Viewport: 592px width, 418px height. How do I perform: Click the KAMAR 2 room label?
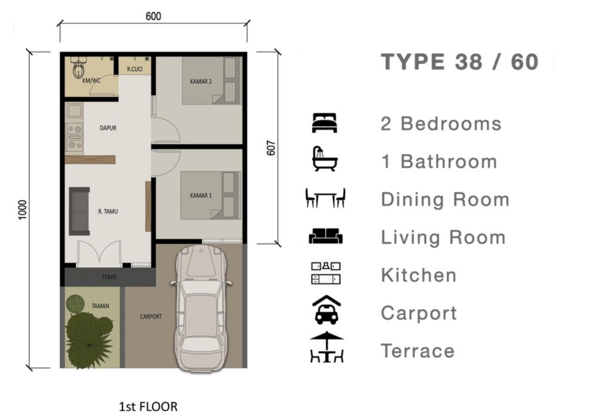point(201,81)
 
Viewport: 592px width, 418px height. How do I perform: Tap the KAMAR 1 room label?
point(201,195)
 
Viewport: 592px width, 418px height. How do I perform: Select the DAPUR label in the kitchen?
point(108,128)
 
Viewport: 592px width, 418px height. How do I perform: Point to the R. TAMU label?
point(108,211)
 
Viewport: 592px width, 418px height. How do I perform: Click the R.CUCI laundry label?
point(135,69)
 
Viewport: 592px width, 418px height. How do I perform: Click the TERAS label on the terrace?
point(109,277)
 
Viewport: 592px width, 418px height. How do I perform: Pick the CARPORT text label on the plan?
point(150,316)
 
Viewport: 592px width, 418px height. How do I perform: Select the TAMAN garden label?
point(100,306)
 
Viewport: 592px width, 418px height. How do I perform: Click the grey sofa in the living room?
point(79,211)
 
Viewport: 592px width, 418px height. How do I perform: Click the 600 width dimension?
point(153,16)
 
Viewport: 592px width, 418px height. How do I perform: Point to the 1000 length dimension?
point(23,210)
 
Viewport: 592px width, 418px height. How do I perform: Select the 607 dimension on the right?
point(271,148)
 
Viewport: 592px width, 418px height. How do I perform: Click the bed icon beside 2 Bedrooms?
point(324,123)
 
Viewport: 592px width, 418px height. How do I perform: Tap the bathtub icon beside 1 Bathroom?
point(324,159)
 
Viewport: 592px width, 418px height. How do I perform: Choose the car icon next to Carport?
point(326,310)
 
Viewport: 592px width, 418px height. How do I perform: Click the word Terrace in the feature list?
point(418,351)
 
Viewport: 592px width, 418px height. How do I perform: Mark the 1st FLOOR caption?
point(148,407)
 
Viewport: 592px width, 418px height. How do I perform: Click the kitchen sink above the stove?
point(74,110)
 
